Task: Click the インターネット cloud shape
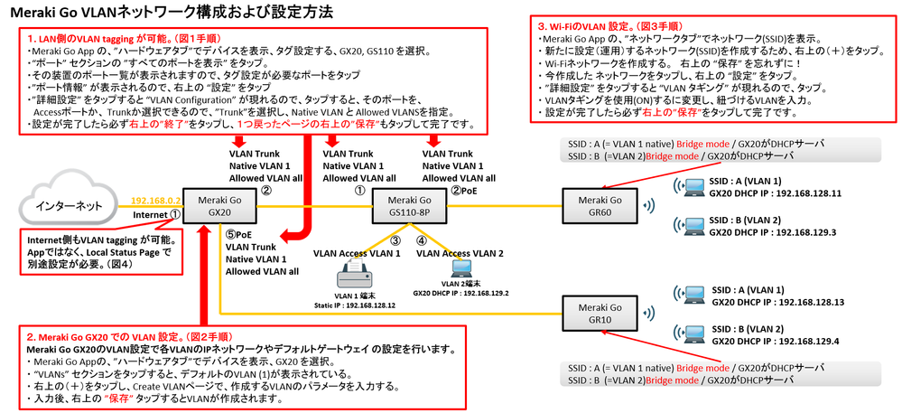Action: pos(69,206)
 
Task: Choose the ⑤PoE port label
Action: pos(238,234)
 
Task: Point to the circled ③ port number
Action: pos(395,240)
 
